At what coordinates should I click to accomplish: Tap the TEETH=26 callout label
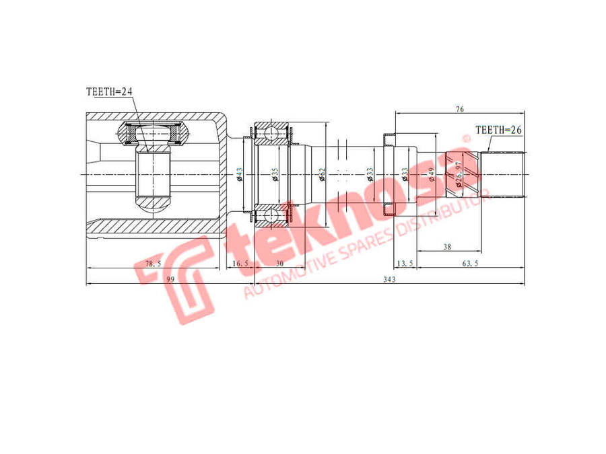[x=499, y=130]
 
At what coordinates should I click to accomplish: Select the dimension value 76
[x=459, y=109]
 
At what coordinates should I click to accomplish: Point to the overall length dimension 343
[x=387, y=280]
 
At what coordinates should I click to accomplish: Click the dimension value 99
[x=171, y=280]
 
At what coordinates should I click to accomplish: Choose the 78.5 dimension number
[x=154, y=264]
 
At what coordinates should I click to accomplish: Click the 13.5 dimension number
[x=405, y=264]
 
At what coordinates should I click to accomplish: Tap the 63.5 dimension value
[x=470, y=264]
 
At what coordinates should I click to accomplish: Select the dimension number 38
[x=447, y=248]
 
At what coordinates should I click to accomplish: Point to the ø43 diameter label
[x=239, y=175]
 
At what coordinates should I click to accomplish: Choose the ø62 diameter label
[x=322, y=176]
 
